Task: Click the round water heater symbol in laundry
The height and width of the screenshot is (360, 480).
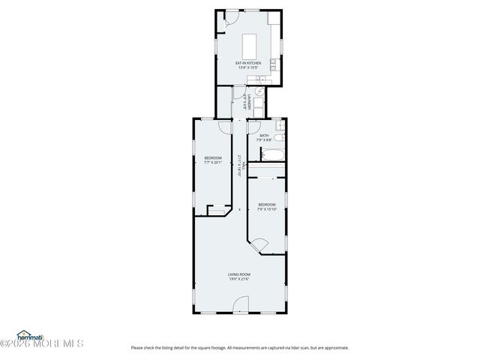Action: coord(258,93)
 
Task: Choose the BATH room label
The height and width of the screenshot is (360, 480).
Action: coord(264,136)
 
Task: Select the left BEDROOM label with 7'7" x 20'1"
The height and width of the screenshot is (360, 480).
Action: coord(213,157)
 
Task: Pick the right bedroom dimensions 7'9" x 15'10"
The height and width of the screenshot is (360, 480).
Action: coord(268,209)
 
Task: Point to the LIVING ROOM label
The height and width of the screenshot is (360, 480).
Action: coord(239,274)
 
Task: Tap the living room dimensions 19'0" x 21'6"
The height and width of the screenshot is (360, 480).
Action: coord(239,280)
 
